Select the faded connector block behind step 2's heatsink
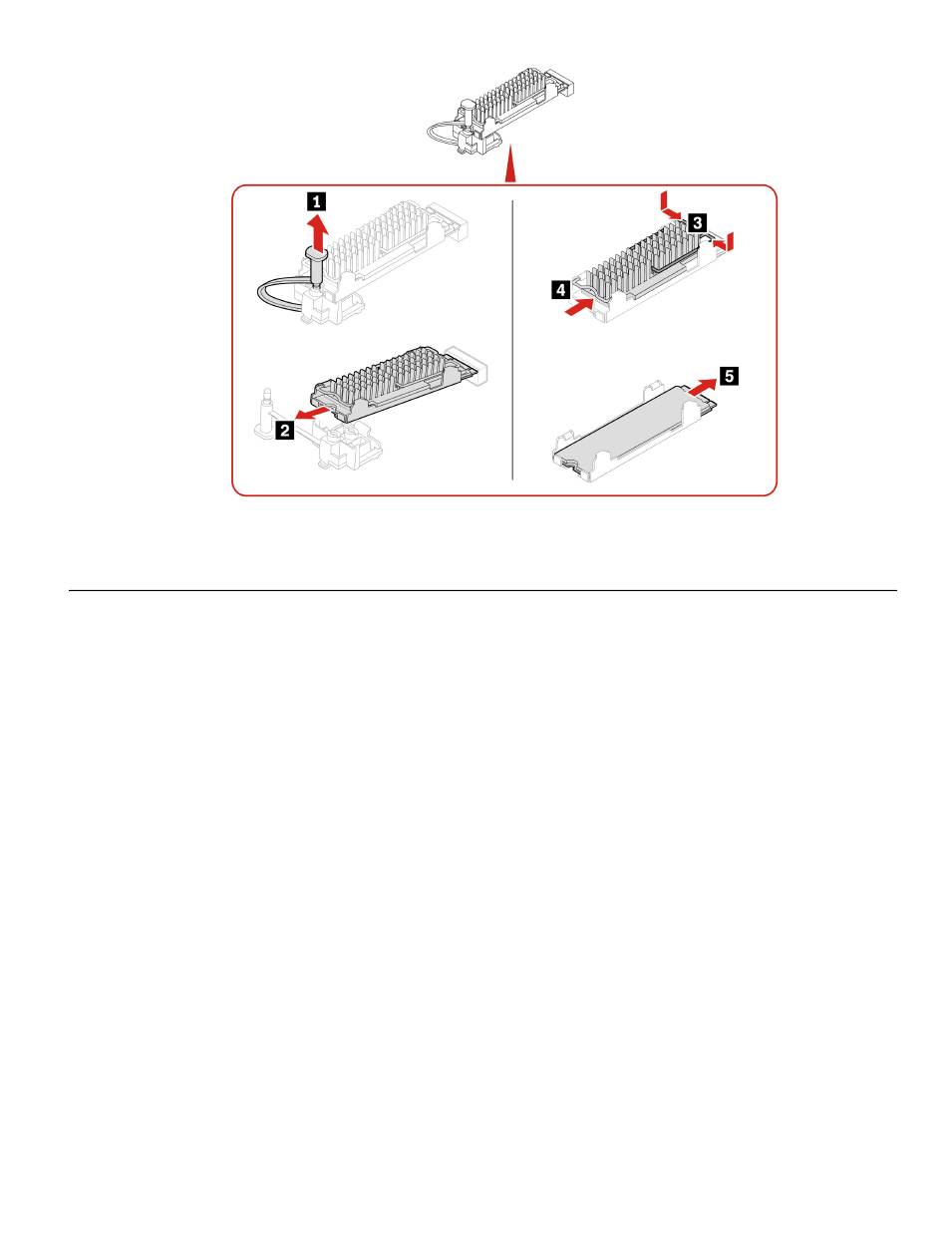point(469,364)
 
